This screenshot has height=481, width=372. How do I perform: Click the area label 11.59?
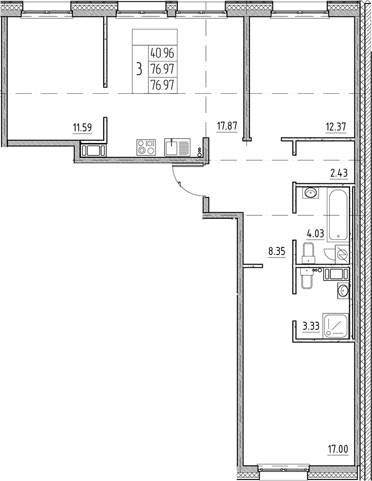click(x=82, y=127)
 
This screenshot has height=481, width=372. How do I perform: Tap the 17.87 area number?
click(x=227, y=126)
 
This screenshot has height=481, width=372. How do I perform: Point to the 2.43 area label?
click(x=339, y=174)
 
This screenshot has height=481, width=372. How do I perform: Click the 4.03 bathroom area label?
click(x=316, y=234)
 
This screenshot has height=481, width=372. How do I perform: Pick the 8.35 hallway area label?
click(x=277, y=252)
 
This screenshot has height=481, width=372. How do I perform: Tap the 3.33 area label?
click(x=311, y=326)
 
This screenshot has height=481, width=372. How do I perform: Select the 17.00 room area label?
click(x=338, y=450)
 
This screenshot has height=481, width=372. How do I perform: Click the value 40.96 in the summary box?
click(x=162, y=53)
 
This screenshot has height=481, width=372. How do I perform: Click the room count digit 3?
click(x=140, y=69)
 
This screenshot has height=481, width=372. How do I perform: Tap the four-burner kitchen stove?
click(x=146, y=148)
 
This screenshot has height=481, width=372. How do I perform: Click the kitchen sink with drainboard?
click(x=177, y=147)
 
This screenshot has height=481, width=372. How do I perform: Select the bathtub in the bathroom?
click(x=338, y=214)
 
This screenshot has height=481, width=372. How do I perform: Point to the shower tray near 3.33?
click(x=336, y=325)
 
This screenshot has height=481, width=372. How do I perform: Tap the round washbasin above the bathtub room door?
click(x=311, y=193)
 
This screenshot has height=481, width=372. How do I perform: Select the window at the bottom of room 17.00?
click(x=284, y=468)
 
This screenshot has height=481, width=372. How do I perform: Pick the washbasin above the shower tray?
click(x=343, y=290)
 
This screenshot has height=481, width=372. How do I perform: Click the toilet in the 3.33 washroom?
click(x=306, y=278)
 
